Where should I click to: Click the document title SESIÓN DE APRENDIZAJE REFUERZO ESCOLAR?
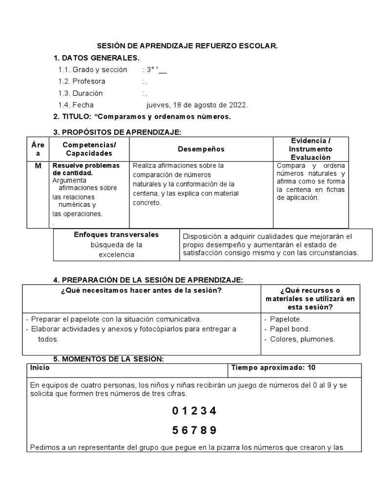[x=187, y=46]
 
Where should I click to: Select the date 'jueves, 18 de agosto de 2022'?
[x=197, y=104]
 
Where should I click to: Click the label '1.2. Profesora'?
[x=82, y=81]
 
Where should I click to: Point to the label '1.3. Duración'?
[x=81, y=93]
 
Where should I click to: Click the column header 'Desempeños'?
[x=201, y=149]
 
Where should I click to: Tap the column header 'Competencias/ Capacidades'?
[x=89, y=149]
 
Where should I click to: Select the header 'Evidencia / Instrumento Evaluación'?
[x=311, y=149]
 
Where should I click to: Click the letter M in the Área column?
[x=38, y=166]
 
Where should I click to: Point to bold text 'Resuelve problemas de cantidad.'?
[x=86, y=169]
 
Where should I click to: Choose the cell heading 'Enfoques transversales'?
[x=116, y=235]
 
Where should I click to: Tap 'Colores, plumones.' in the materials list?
[x=302, y=339]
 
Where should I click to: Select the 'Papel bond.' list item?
[x=290, y=329]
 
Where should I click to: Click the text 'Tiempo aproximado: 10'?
[x=273, y=368]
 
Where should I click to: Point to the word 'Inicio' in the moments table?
[x=40, y=368]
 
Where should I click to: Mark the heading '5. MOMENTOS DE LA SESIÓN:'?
[x=108, y=359]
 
